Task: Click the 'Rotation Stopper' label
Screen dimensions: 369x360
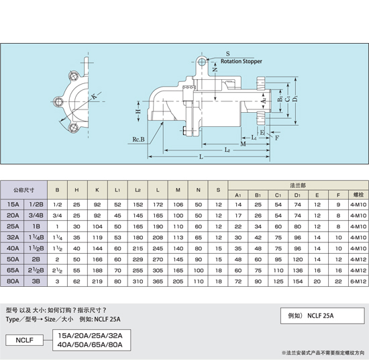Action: coord(241,61)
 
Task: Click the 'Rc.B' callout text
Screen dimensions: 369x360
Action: coord(138,140)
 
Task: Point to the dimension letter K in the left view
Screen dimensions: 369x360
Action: coord(94,96)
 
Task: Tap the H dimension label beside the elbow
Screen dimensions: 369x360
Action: coord(138,111)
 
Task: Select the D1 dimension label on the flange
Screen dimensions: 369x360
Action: coord(295,98)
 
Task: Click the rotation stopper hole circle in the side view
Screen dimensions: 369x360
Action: coord(201,62)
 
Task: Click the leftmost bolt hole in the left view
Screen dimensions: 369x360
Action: coord(58,102)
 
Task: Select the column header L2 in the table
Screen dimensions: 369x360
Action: coord(138,190)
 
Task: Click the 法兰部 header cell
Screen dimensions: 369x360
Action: coord(298,185)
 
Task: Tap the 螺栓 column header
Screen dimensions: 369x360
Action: coord(358,195)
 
